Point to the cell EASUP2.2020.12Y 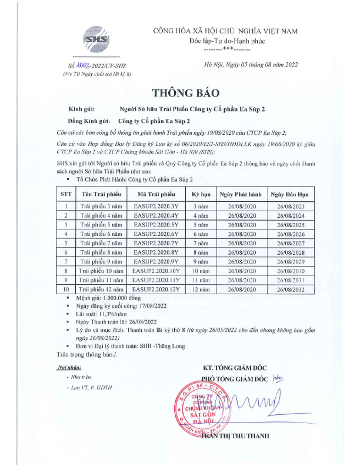[x=156, y=289]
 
